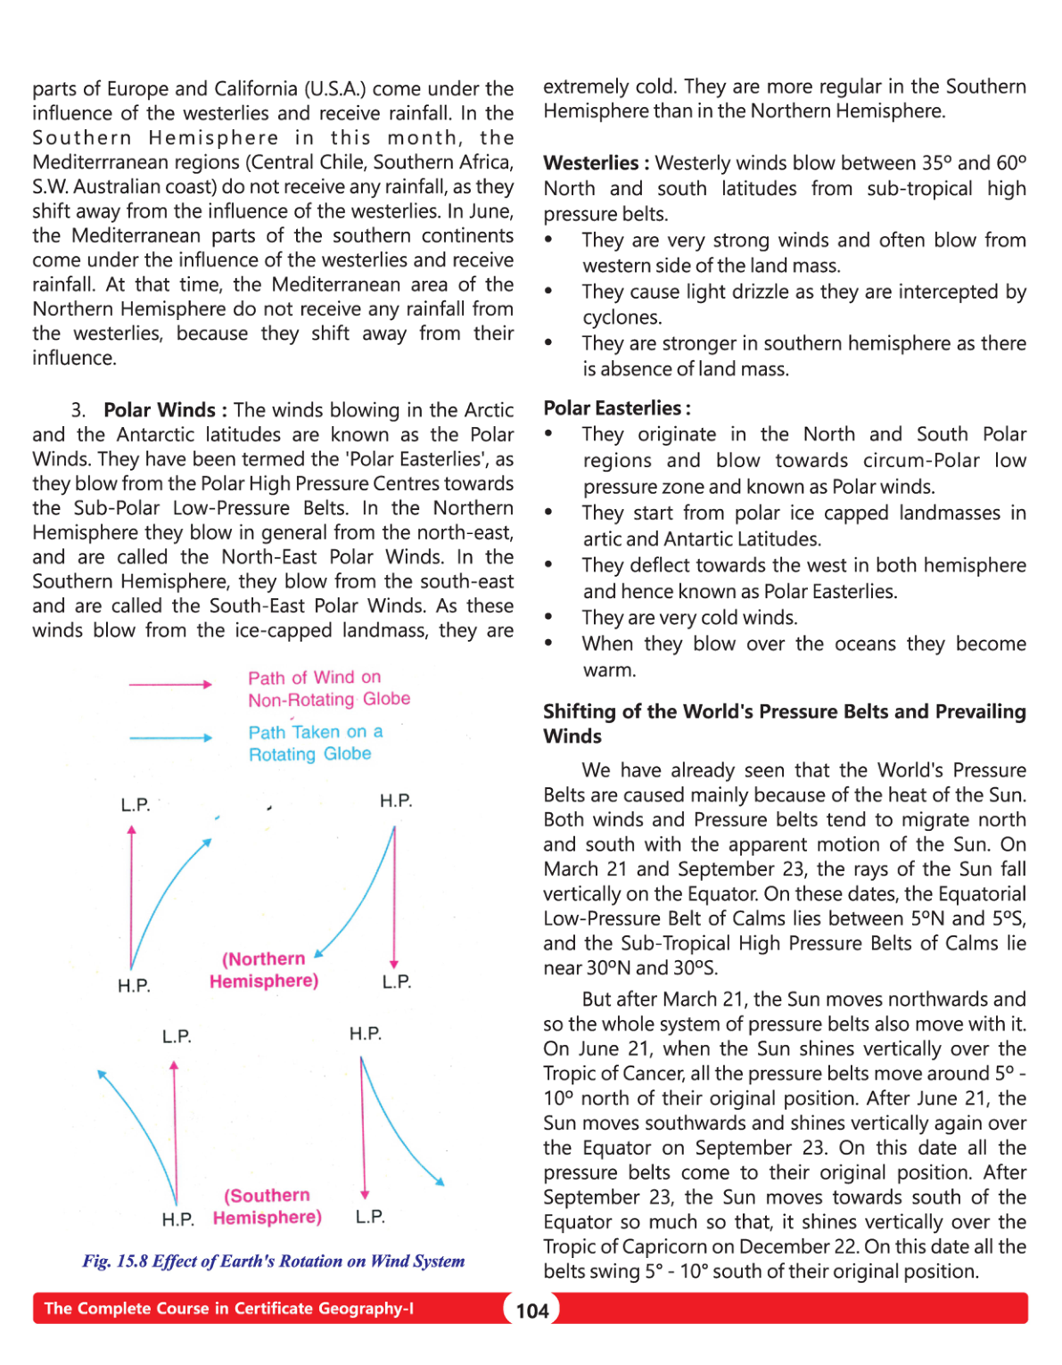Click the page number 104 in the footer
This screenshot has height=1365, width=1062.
pos(532,1311)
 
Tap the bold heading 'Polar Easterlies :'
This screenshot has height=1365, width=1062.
pos(617,408)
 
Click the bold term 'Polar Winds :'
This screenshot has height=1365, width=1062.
pos(165,410)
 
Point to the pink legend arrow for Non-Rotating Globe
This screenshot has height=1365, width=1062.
pos(170,685)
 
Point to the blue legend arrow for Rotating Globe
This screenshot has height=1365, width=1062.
pos(170,738)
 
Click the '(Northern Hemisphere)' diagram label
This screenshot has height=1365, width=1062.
pos(264,970)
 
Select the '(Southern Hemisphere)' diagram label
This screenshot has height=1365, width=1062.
pos(268,1206)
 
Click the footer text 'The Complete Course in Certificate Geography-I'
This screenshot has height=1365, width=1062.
pos(229,1309)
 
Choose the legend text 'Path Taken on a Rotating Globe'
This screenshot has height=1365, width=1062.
pos(316,743)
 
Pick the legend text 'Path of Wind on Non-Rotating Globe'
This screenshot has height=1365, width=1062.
pos(329,688)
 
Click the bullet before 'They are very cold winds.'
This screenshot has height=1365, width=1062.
pos(548,617)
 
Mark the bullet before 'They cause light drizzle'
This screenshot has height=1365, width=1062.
pos(548,292)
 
